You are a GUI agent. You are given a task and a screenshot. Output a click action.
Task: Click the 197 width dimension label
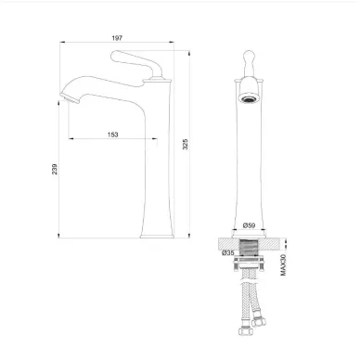117,38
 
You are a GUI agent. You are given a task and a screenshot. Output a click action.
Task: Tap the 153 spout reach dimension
112,135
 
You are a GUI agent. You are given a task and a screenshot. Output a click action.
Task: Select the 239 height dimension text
55,169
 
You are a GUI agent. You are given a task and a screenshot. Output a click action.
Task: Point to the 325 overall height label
185,145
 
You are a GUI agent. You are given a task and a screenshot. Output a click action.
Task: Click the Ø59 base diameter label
249,225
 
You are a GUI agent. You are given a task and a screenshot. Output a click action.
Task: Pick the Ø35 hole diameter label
228,252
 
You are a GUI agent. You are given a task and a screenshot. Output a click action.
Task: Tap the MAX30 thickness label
283,264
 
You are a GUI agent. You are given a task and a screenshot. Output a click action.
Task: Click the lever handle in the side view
136,63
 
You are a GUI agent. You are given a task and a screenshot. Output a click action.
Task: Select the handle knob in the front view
249,63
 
